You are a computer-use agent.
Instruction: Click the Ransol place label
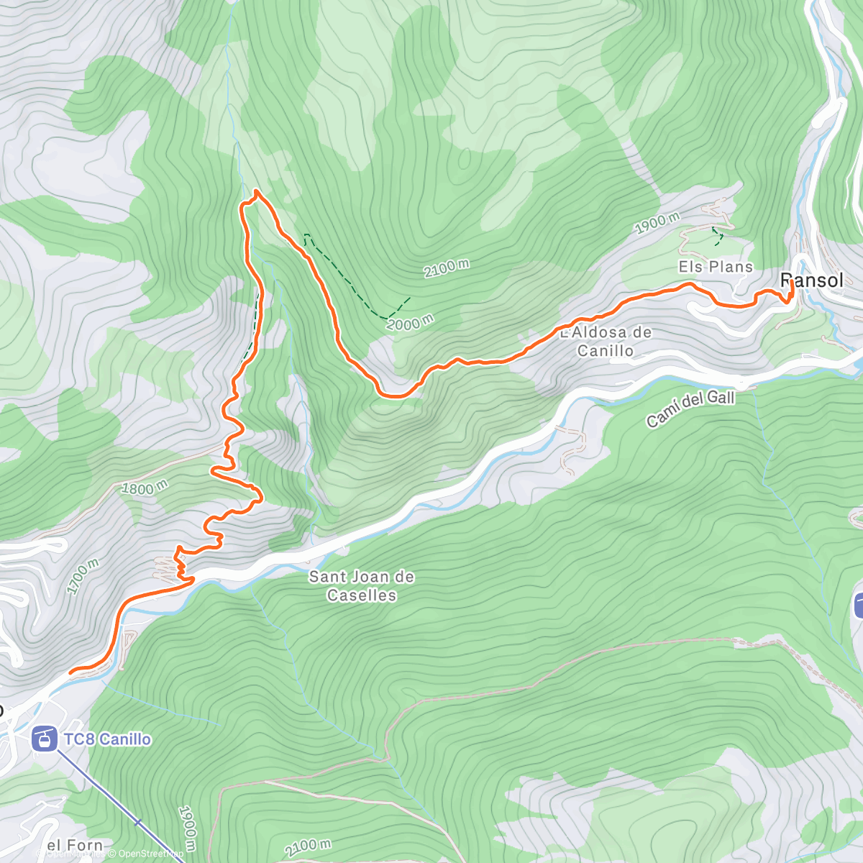[x=812, y=280]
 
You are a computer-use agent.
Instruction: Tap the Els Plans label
[x=716, y=267]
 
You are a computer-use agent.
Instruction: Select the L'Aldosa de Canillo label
[x=606, y=342]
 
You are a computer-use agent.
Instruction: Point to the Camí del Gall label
[x=690, y=408]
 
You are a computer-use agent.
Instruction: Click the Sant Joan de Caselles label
[x=362, y=585]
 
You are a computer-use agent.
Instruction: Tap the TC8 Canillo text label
[x=107, y=739]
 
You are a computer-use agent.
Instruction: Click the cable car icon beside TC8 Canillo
[x=45, y=739]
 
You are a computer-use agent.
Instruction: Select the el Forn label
[x=75, y=845]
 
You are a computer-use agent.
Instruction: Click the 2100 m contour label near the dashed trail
[x=447, y=268]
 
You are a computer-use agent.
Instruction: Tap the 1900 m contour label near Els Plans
[x=657, y=223]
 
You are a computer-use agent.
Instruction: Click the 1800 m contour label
[x=145, y=488]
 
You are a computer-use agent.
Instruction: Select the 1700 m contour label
[x=83, y=576]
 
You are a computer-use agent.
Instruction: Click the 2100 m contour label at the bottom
[x=308, y=848]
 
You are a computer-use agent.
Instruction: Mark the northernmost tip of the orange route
[x=256, y=191]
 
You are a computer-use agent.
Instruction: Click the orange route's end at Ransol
[x=791, y=283]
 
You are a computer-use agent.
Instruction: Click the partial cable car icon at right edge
[x=858, y=605]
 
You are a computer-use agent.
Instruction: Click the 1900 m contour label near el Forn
[x=186, y=828]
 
